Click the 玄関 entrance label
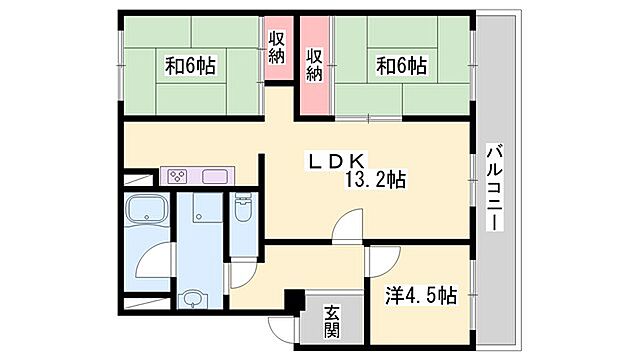coord(331,323)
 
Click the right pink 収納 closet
coord(315,64)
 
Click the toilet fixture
coord(242,212)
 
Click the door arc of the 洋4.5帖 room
coord(376,262)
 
